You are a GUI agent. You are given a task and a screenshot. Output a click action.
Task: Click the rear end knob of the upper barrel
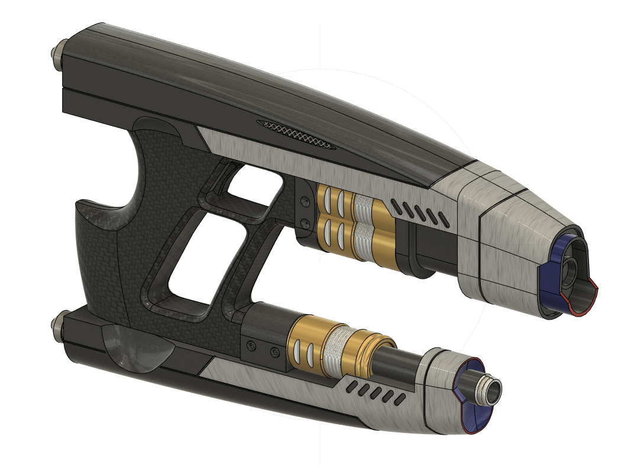[57, 55]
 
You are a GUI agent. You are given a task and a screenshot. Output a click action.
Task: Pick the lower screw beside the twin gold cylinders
[305, 223]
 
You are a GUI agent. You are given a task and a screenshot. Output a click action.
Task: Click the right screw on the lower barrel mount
[274, 352]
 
